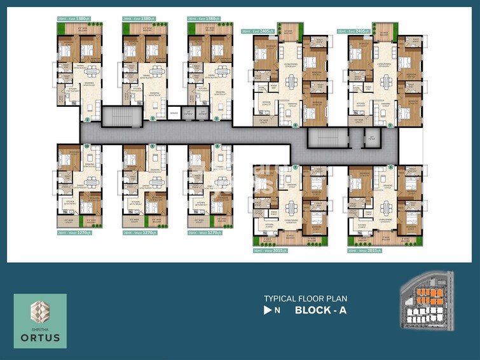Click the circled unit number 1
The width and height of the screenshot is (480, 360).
tap(87, 119)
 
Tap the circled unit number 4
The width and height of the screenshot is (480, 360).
tap(296, 125)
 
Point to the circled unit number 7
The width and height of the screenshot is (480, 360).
tap(296, 167)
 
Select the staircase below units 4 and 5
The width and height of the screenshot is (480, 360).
tap(324, 138)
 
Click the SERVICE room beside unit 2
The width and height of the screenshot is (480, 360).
tap(174, 114)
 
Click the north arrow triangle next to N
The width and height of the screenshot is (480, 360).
tap(268, 311)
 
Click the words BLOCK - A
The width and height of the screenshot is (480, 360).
tap(320, 311)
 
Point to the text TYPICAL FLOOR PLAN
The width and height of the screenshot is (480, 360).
tap(306, 298)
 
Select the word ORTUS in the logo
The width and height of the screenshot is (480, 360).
tap(39, 337)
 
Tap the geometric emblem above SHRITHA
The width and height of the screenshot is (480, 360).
tap(39, 311)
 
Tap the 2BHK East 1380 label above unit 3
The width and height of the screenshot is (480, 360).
tap(203, 18)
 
